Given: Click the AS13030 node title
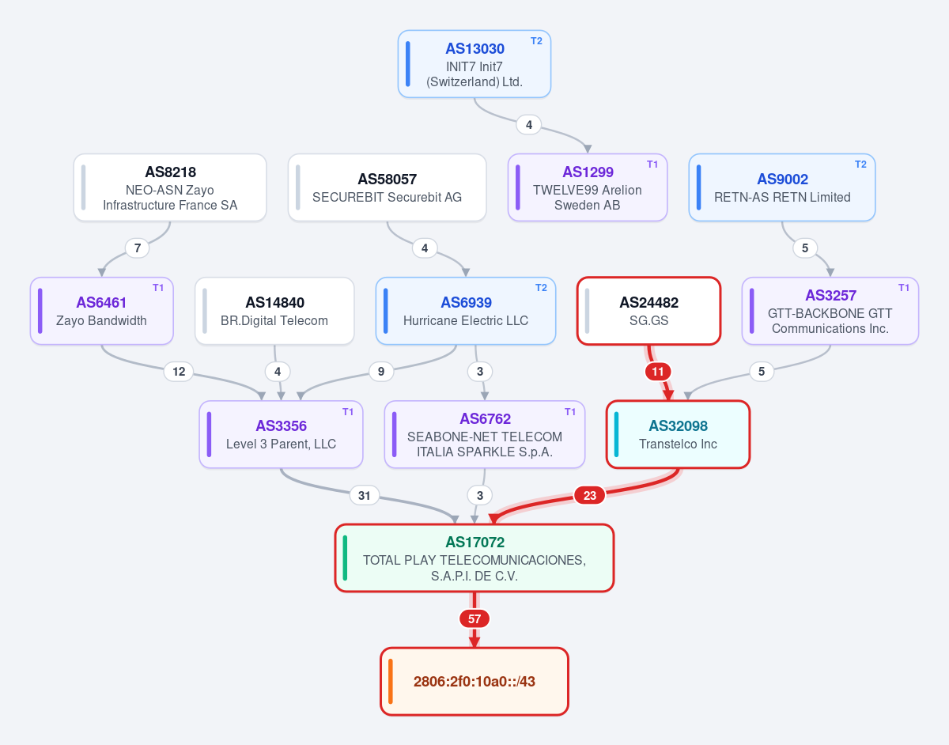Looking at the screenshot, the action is [475, 48].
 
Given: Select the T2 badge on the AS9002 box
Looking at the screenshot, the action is [860, 165].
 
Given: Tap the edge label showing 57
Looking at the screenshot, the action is [475, 618].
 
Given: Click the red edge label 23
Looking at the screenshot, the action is [590, 495].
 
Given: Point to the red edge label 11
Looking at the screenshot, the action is [658, 372].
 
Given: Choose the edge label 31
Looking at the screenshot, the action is [365, 495].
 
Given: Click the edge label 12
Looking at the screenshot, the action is [179, 372].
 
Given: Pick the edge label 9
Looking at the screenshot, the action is [381, 372].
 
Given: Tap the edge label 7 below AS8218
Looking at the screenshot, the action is [138, 248].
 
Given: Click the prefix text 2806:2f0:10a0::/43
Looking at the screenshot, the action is [475, 681].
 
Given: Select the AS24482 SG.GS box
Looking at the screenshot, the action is [648, 311].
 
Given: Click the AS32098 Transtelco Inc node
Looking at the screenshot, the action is [678, 434].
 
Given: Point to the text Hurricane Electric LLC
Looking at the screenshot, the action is [466, 320].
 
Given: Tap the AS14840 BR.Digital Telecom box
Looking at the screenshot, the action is [274, 311].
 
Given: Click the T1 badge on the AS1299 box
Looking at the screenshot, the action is [652, 165].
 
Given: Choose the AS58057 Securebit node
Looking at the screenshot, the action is [387, 187].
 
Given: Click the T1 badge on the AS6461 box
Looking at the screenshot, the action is [158, 288].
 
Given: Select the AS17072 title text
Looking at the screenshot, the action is [475, 542].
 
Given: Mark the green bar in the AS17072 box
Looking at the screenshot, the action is [345, 558].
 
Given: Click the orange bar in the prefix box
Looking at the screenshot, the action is [391, 682].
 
